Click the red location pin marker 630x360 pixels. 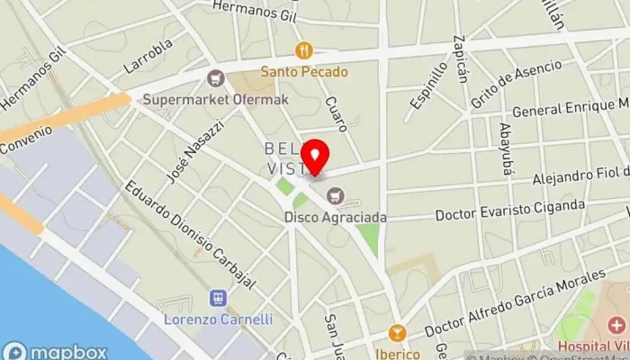tap(314, 157)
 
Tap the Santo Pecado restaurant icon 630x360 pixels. tap(304, 52)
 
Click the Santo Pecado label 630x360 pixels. tap(304, 72)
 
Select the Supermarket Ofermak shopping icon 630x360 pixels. tap(214, 78)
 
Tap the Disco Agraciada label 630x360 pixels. tap(336, 216)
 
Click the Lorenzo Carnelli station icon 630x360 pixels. tap(218, 298)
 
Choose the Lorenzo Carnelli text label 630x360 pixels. tap(218, 319)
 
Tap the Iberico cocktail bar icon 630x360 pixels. tap(396, 333)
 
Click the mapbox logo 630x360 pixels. tap(56, 351)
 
